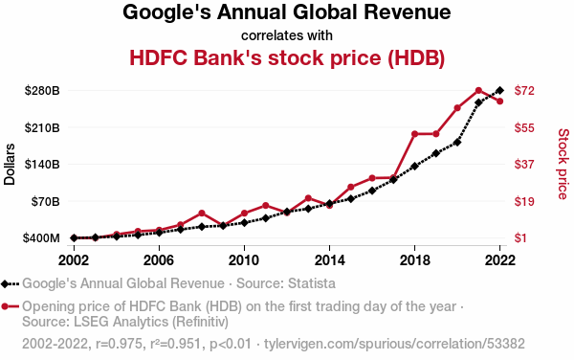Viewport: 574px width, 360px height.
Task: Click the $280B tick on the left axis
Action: tap(42, 90)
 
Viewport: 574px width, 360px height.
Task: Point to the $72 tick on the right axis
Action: tap(524, 90)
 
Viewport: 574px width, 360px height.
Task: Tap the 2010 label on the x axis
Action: tap(244, 260)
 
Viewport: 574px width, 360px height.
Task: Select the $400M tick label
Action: tap(41, 238)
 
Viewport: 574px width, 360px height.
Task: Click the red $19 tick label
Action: tap(524, 201)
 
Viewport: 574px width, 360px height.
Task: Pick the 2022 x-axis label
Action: tap(499, 260)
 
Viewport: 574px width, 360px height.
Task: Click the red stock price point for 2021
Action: tap(478, 90)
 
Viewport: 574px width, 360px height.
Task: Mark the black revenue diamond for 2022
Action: tap(499, 90)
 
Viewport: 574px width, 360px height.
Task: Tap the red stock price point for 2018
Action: tap(415, 134)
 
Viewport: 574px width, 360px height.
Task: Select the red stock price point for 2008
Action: tap(201, 214)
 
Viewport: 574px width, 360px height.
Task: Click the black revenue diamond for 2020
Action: tap(457, 143)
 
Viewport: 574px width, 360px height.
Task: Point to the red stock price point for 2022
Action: tap(499, 101)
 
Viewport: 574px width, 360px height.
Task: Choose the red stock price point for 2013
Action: tap(308, 198)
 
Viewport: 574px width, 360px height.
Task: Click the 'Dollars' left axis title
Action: tap(10, 164)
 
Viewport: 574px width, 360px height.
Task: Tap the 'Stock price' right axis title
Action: tap(563, 164)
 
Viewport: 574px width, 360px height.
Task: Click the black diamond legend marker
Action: tap(5, 283)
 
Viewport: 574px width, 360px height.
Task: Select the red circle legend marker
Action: tap(5, 306)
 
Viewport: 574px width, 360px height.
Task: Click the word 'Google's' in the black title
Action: tap(166, 12)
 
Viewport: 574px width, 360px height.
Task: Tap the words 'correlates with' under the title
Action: tap(287, 35)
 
